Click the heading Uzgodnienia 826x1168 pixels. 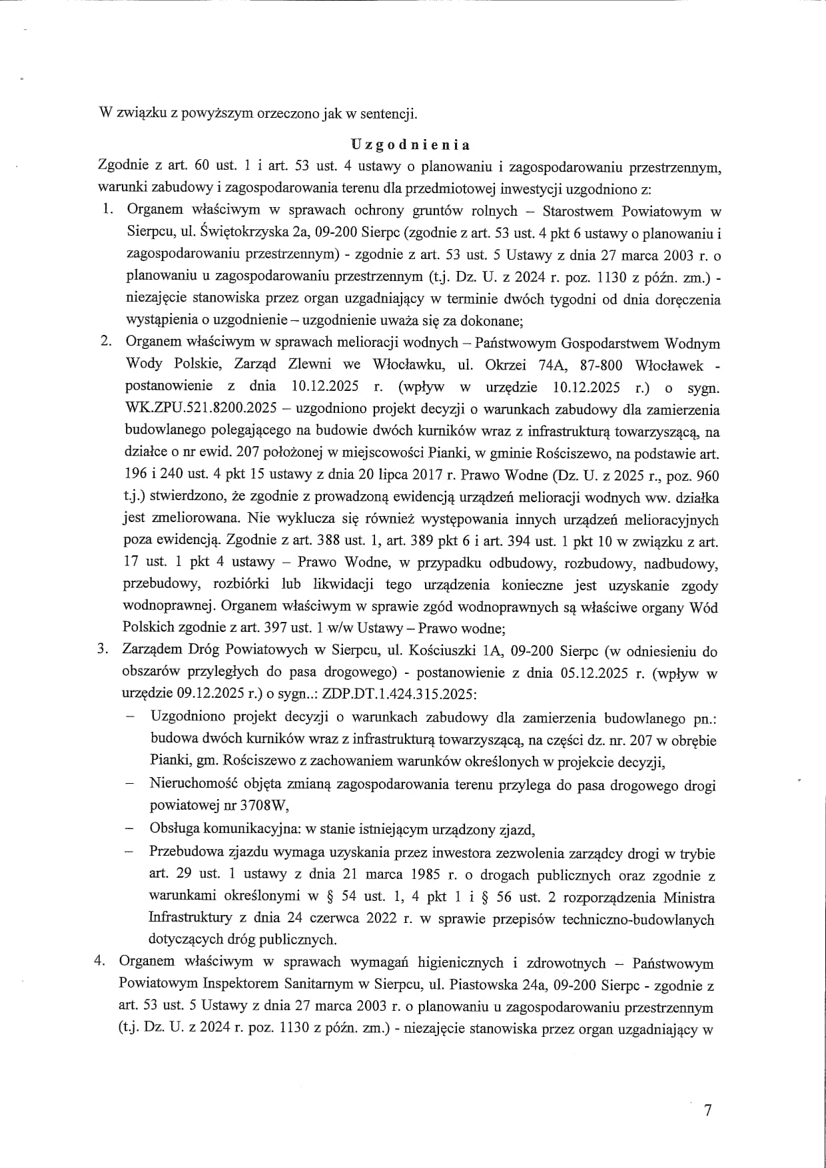410,145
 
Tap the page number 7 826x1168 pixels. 708,1110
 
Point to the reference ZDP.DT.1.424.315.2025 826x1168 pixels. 398,695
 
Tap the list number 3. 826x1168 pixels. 103,651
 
